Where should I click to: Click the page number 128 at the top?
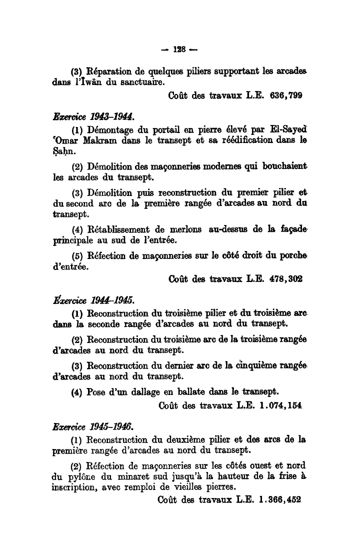click(179, 49)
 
